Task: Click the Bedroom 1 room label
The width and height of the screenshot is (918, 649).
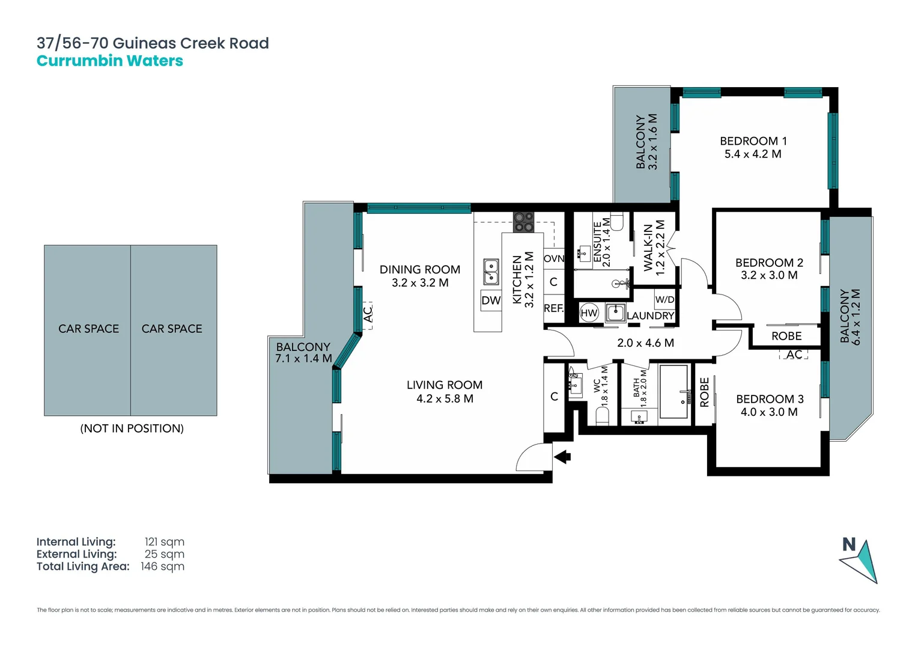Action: click(x=753, y=141)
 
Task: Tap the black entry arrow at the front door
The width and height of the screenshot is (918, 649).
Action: click(x=562, y=457)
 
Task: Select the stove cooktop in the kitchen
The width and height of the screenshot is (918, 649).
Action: click(x=523, y=222)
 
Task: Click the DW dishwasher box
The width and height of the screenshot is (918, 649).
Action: click(x=491, y=300)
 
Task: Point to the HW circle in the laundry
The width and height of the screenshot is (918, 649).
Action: click(x=589, y=312)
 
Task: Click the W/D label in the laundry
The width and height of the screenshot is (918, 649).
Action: click(x=664, y=299)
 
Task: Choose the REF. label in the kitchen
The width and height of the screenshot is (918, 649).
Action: click(x=553, y=308)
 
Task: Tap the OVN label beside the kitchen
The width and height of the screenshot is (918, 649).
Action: click(x=553, y=258)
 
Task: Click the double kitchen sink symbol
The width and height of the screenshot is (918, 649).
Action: click(x=491, y=272)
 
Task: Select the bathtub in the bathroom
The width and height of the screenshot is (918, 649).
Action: click(x=673, y=391)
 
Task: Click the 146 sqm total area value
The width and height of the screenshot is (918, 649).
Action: click(x=162, y=567)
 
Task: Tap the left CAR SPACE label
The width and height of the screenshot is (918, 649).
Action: click(x=88, y=329)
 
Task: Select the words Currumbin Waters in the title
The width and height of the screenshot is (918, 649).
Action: click(x=110, y=61)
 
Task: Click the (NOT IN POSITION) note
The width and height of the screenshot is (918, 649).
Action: click(x=132, y=428)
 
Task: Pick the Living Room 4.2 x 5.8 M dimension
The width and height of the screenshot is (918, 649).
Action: click(x=445, y=398)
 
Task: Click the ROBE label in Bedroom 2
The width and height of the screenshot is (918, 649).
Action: click(x=786, y=336)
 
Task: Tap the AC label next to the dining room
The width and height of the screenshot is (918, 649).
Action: click(x=368, y=314)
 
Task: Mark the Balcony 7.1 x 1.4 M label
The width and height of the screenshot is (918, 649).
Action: click(x=303, y=353)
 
